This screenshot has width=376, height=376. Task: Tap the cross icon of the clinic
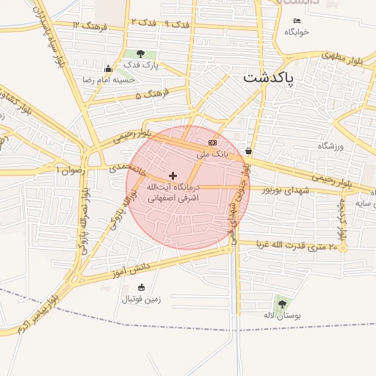[173, 176]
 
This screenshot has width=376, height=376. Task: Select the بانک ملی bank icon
[212, 142]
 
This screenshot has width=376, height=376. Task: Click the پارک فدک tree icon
[140, 54]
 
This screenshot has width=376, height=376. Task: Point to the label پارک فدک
[140, 66]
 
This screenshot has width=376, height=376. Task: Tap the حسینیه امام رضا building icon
[108, 68]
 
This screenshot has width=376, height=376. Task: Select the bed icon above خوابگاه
[297, 21]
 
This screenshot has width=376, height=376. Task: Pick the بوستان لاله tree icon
[282, 303]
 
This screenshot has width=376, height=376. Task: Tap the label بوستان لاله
[282, 316]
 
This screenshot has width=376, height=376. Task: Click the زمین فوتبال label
[141, 299]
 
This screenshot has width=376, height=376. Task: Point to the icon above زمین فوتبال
[141, 287]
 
